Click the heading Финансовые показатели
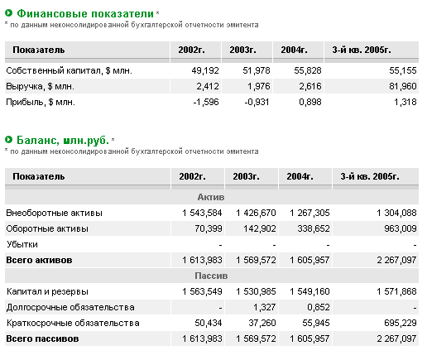(x=85, y=13)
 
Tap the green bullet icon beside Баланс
(x=9, y=140)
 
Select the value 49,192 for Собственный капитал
(x=205, y=70)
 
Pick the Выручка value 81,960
(x=403, y=86)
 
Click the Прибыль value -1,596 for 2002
(x=206, y=102)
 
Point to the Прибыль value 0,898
(x=310, y=102)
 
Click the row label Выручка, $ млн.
(x=41, y=87)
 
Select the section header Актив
(x=211, y=197)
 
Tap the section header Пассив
(x=211, y=276)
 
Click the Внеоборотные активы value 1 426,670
(x=256, y=213)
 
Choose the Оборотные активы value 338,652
(x=314, y=228)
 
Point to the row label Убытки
(x=22, y=244)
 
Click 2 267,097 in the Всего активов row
(x=396, y=260)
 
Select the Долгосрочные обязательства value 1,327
(x=265, y=307)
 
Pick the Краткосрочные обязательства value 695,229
(x=401, y=323)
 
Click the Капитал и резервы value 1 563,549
(x=202, y=291)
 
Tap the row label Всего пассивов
(x=42, y=338)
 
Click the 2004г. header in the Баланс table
(x=300, y=176)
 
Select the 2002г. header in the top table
(x=191, y=50)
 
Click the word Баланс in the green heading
(x=38, y=140)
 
